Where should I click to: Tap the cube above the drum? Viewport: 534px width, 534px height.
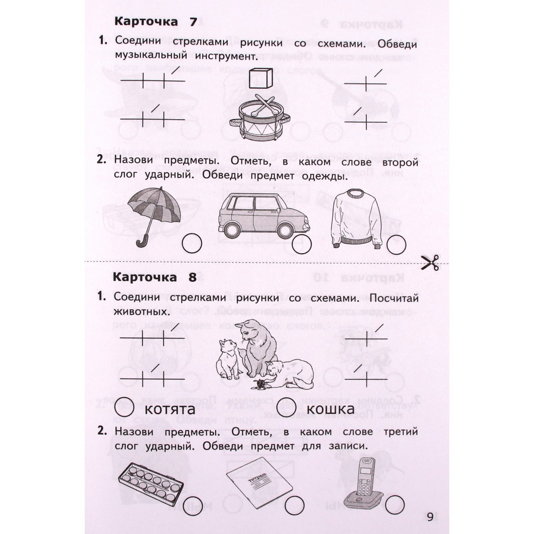(x=261, y=78)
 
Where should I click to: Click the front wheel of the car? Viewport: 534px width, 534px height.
(x=285, y=230)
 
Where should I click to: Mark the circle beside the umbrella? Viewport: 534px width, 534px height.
(x=192, y=243)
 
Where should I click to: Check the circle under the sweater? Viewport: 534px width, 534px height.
(x=396, y=245)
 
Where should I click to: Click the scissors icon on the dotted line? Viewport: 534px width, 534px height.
(x=430, y=263)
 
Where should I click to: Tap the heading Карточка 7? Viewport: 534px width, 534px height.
(x=156, y=22)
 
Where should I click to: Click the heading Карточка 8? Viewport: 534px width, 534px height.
(x=154, y=277)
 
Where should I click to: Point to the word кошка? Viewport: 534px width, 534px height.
(x=330, y=409)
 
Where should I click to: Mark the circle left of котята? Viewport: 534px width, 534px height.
(x=124, y=407)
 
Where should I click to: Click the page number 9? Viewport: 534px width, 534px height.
(x=430, y=517)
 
